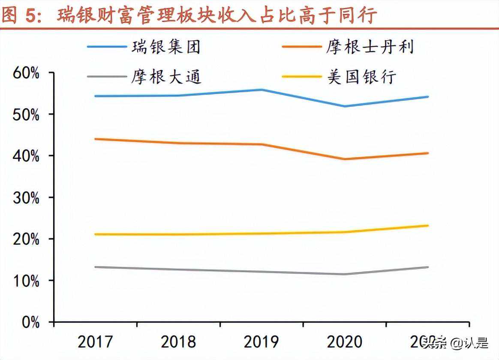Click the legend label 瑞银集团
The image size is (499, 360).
click(166, 47)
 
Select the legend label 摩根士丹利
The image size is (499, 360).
click(370, 47)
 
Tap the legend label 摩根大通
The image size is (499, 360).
click(166, 77)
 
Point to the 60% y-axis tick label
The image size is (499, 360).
click(26, 73)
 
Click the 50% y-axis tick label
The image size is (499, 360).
click(26, 114)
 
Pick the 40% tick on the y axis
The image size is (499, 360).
click(26, 156)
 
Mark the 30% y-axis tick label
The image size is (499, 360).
click(26, 198)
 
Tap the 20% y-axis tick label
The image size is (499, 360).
click(26, 239)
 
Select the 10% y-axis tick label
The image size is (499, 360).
click(26, 281)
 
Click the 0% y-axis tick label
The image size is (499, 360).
click(30, 322)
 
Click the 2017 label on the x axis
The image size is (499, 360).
click(95, 342)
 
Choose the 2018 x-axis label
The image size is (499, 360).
click(178, 342)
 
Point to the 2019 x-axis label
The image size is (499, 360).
click(262, 342)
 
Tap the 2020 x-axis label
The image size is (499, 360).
click(345, 342)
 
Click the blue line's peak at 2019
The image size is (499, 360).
click(262, 90)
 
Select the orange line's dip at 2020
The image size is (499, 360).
click(345, 159)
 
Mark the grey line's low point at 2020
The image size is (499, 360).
click(345, 274)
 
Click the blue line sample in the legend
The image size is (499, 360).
click(107, 47)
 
